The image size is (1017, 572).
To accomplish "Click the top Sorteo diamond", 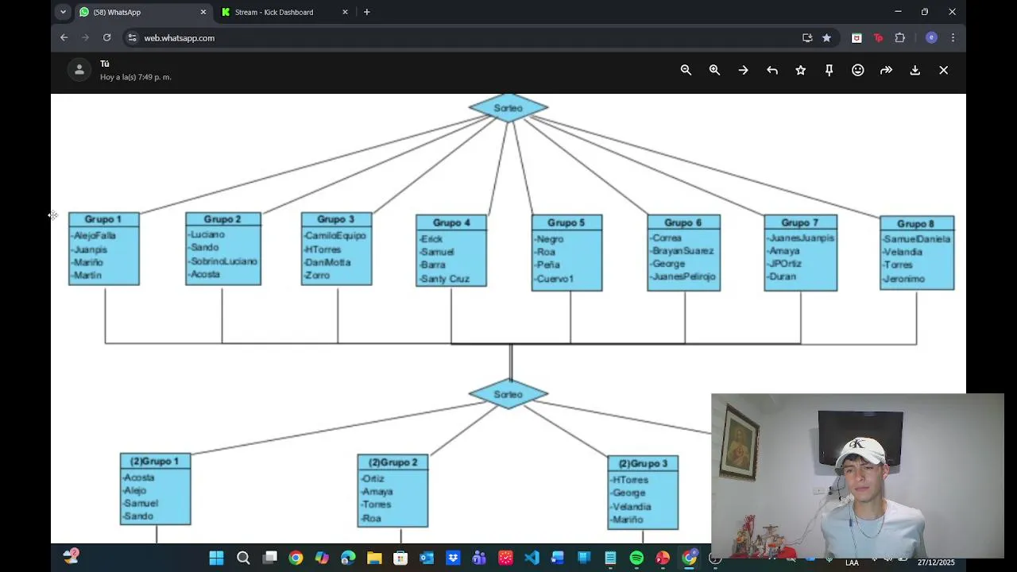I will [x=508, y=108].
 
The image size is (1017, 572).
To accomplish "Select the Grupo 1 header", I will [x=103, y=219].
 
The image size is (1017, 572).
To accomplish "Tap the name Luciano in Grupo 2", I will [x=208, y=235].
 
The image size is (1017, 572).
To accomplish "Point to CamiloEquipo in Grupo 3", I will [x=336, y=236].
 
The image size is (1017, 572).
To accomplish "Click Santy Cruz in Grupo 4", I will [x=446, y=279].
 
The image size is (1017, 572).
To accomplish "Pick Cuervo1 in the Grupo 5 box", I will [x=555, y=279].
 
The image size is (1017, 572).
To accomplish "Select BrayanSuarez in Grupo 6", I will [x=683, y=251].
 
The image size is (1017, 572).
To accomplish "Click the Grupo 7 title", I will [x=799, y=222].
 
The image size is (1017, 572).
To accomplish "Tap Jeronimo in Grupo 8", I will [x=905, y=279].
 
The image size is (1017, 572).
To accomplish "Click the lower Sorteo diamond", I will [x=508, y=395].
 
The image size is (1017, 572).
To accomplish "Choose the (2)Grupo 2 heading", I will [x=392, y=462].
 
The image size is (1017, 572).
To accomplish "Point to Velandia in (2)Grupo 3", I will [x=632, y=507].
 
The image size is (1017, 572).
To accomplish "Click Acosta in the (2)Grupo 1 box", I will [x=139, y=477].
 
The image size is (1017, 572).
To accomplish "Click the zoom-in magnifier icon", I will [x=714, y=70].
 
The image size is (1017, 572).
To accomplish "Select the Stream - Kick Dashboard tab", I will [x=274, y=12].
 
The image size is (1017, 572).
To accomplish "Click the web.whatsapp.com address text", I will [x=180, y=38].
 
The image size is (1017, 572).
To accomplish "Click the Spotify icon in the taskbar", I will [x=636, y=558].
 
